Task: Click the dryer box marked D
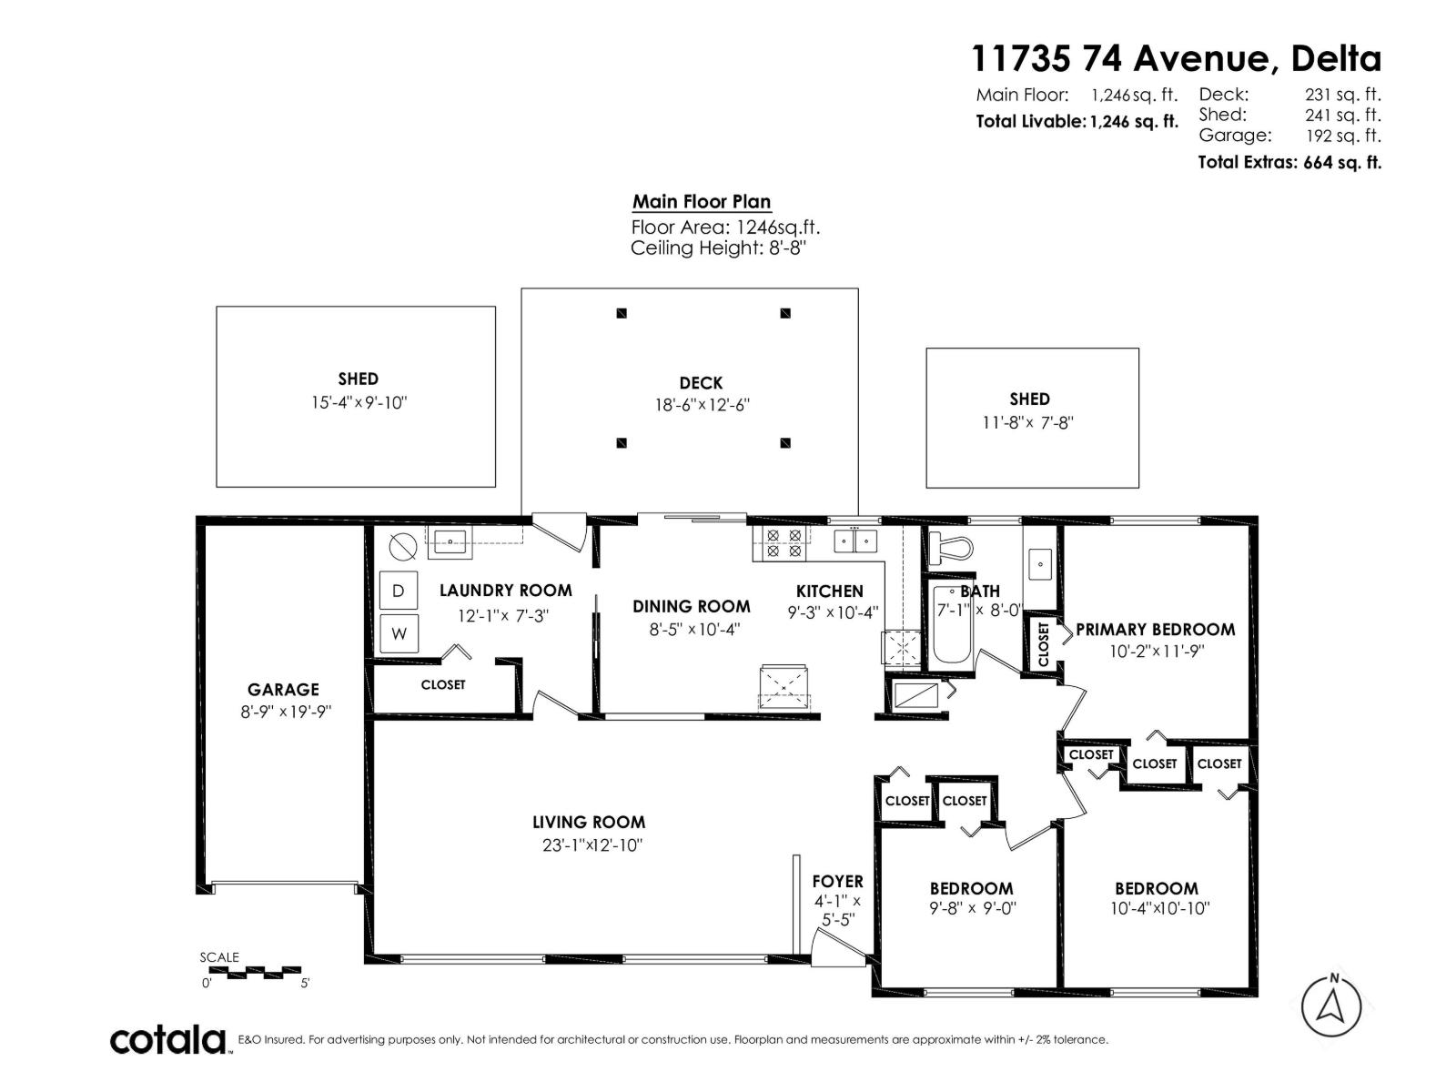coord(398,591)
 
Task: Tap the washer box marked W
coord(399,632)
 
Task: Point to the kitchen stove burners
coord(784,543)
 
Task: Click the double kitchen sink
coord(856,541)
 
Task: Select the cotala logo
coord(168,1039)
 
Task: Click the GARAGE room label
coord(283,690)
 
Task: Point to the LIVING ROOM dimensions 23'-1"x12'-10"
coord(592,844)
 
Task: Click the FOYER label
coord(837,881)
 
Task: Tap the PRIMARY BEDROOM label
coord(1155,629)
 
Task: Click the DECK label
coord(701,383)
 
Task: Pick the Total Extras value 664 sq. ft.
coord(1342,163)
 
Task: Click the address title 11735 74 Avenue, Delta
coord(1176,58)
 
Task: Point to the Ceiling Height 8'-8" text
coord(718,248)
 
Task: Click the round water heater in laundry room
coord(402,546)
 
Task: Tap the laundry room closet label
coord(443,684)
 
